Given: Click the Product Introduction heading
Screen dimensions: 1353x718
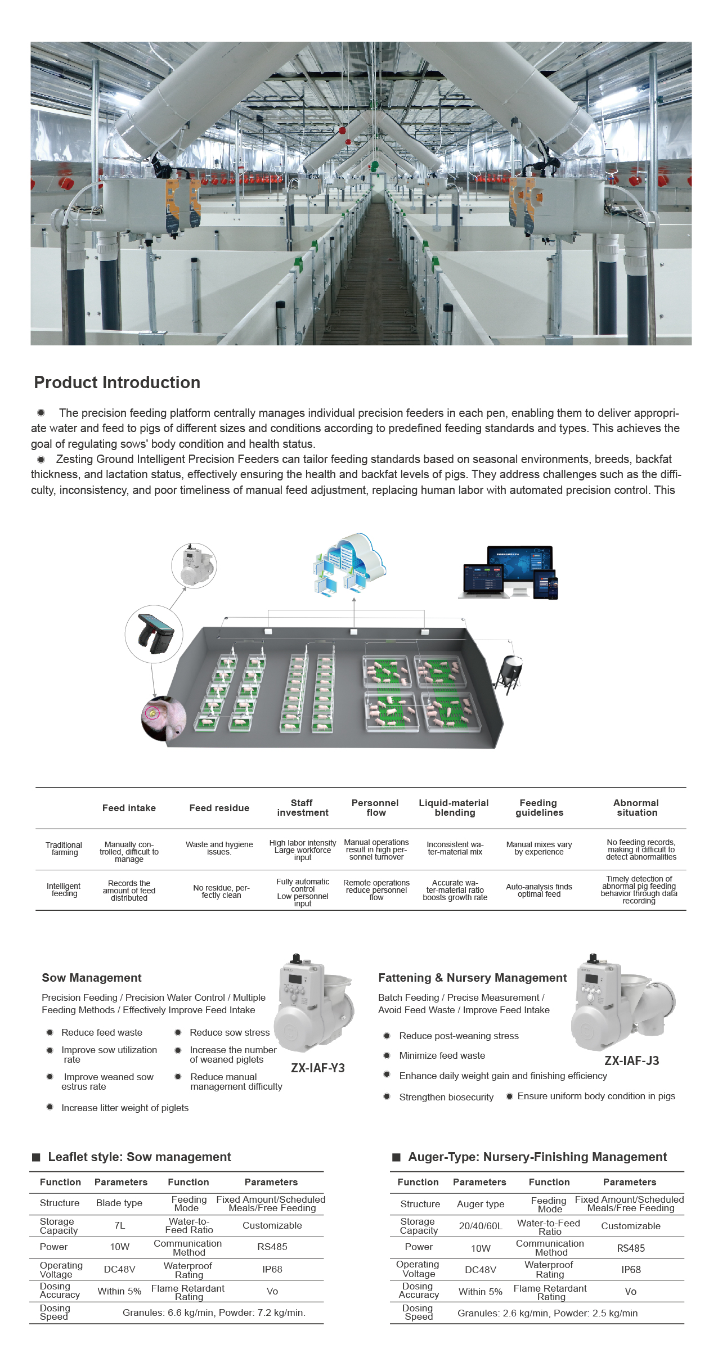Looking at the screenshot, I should [117, 383].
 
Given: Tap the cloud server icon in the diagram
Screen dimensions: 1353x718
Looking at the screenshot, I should [349, 563].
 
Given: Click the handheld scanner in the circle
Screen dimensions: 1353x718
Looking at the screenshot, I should [153, 633].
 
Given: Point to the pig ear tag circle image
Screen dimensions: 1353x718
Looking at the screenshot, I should [163, 718].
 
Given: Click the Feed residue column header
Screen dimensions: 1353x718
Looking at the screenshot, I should [219, 808].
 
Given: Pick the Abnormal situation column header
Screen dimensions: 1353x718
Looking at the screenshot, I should [636, 808].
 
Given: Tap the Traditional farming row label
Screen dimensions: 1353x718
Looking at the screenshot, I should [64, 849].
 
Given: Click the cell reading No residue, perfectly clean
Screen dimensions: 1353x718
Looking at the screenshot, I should [221, 891].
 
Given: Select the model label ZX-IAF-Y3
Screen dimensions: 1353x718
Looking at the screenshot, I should [318, 1068].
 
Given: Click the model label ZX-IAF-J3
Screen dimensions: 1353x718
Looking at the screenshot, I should [631, 1060].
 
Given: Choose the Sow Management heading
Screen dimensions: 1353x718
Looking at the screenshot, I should [92, 978].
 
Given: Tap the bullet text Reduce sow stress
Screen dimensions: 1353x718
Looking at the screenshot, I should [230, 1032].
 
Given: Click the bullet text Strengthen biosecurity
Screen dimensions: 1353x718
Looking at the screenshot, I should [446, 1097].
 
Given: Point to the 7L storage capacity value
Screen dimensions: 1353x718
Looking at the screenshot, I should [119, 1225].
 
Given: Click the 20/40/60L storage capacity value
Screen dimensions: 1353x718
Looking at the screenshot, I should [481, 1226].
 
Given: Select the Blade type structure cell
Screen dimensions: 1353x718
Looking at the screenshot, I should [119, 1203].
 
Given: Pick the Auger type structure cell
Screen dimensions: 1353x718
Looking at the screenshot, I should [481, 1204].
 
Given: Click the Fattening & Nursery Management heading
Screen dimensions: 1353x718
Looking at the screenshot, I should [472, 978].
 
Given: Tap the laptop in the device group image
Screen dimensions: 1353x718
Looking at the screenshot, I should [483, 581].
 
